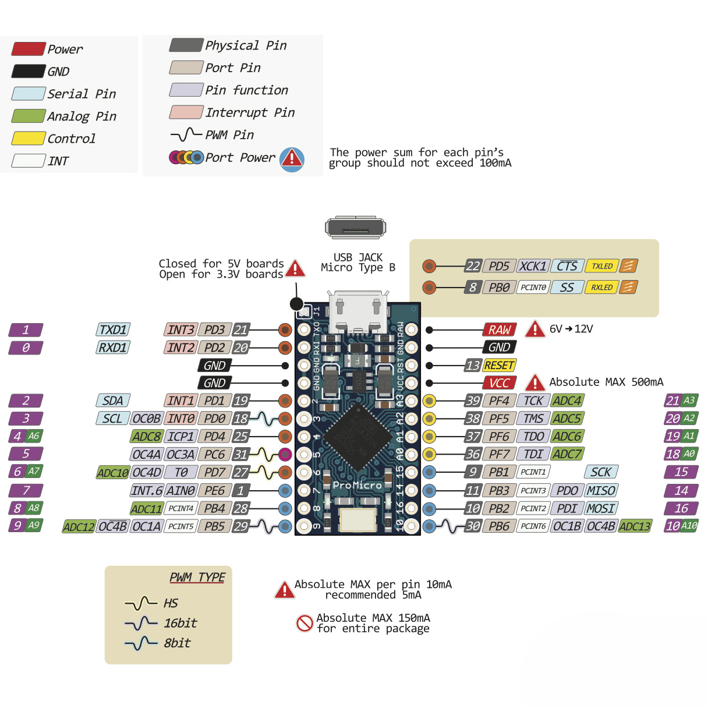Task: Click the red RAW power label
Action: (x=499, y=330)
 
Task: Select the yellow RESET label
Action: (x=499, y=366)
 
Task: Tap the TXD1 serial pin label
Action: (x=113, y=330)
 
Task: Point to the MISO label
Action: (x=601, y=491)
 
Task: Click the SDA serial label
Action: (x=112, y=401)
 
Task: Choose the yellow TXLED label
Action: (x=602, y=266)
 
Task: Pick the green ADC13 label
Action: (x=635, y=526)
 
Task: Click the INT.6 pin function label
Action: (x=147, y=491)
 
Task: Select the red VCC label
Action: (x=499, y=383)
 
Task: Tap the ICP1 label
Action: (x=180, y=437)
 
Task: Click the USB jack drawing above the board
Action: (x=355, y=228)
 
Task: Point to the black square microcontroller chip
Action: (x=357, y=437)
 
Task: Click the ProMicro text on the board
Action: (x=357, y=485)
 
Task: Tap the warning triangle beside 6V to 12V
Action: (x=534, y=330)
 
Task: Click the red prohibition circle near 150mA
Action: (x=305, y=623)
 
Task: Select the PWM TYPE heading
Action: (x=197, y=577)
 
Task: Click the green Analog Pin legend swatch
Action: (x=28, y=116)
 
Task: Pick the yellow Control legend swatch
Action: (x=28, y=139)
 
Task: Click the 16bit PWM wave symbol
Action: (x=140, y=624)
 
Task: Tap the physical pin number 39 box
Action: (x=473, y=401)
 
